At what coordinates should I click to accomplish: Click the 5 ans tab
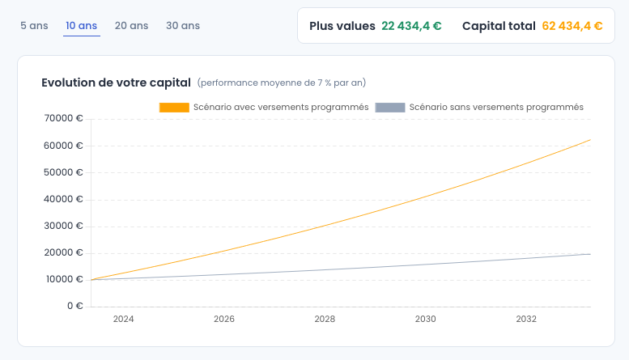pos(34,25)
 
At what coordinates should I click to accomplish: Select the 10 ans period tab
pos(82,25)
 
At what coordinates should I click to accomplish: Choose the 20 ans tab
pos(131,25)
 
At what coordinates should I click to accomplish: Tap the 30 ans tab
pos(183,25)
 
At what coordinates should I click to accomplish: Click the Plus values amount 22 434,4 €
pos(411,26)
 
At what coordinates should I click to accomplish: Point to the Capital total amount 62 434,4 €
pos(572,26)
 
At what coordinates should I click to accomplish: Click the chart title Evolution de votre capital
pos(116,83)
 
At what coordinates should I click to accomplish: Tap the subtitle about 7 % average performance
pos(282,83)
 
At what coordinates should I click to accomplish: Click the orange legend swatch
pos(174,107)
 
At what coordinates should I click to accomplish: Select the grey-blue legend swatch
pos(390,107)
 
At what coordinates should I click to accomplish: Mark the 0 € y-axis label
pos(74,306)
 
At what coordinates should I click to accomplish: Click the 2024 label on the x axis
pos(123,319)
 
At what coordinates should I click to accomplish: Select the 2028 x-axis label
pos(325,319)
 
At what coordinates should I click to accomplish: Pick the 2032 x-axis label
pos(526,319)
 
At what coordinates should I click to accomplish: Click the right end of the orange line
pos(590,140)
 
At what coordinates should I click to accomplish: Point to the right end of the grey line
pos(590,254)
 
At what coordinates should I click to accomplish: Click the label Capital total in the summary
pos(499,26)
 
